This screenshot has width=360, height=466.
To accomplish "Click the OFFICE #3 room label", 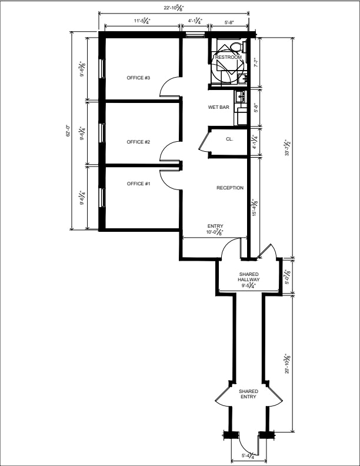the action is [138, 78].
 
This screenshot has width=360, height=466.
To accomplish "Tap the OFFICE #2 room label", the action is [138, 142].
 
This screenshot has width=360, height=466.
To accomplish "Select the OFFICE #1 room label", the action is [138, 184].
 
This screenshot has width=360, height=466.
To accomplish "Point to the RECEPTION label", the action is [230, 188].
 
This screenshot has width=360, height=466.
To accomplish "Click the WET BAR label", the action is [219, 107].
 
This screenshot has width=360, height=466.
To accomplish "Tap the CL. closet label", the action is [229, 139].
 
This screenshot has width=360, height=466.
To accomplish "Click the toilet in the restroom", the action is [236, 47].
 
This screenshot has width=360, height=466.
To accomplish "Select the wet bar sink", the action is [241, 96].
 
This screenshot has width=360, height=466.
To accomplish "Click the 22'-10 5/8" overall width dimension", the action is [174, 8].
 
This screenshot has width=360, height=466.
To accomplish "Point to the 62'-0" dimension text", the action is [68, 130].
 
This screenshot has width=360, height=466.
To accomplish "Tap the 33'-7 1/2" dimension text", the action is [287, 148].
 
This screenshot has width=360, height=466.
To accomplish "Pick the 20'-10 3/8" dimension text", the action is [287, 364].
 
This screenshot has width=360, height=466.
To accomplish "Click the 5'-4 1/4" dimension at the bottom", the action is [248, 455].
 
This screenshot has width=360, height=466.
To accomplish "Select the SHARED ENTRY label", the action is [249, 394].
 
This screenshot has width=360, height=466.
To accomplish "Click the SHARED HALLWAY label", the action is [249, 279].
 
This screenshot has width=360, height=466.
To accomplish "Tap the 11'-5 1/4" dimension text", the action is [142, 21].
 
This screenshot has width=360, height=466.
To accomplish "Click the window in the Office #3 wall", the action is [102, 68].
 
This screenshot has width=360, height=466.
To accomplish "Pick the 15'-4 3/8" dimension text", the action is [255, 208].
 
